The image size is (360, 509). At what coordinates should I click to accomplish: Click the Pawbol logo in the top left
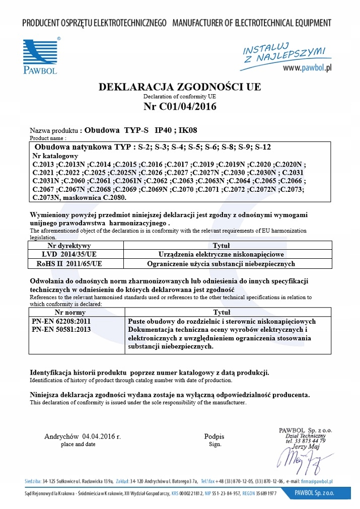[40, 56]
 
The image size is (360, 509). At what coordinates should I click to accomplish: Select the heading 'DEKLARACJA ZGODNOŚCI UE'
[180, 87]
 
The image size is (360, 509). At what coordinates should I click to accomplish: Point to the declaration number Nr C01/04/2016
[180, 106]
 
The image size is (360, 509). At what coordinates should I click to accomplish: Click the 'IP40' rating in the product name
[163, 129]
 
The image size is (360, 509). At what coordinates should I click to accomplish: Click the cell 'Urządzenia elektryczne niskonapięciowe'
[221, 255]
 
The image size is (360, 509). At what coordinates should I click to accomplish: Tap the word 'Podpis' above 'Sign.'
[214, 437]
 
